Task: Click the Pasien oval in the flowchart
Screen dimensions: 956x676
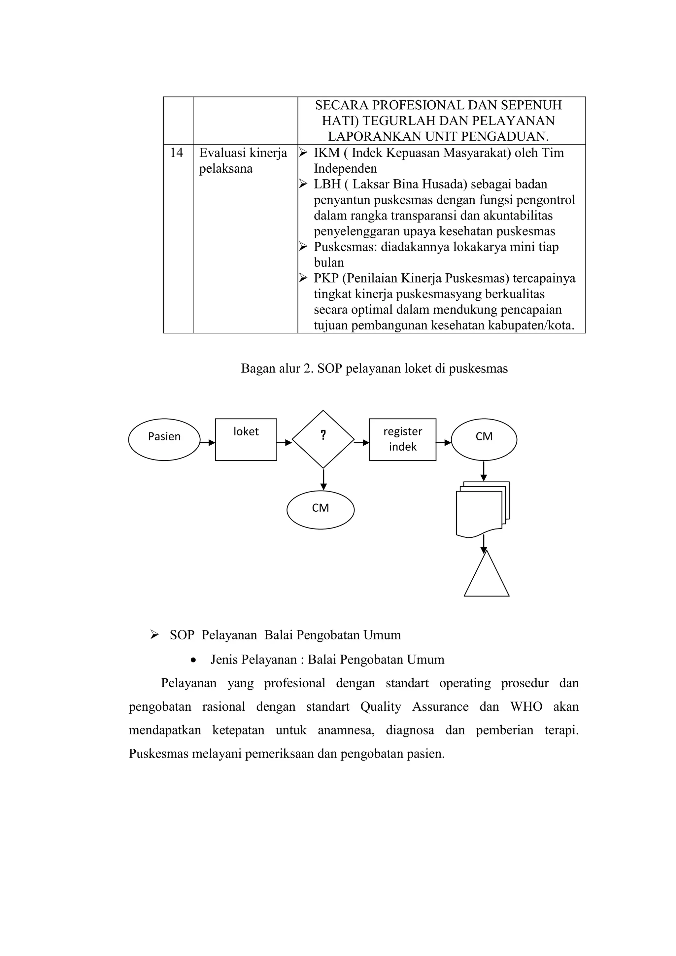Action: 164,440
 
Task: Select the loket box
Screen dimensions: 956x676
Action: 246,440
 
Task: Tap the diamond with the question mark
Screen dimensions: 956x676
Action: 323,439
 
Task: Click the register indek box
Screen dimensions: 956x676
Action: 402,440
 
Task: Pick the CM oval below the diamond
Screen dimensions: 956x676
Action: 320,510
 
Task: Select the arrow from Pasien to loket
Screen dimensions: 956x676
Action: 208,443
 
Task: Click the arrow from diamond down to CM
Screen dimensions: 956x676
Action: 323,480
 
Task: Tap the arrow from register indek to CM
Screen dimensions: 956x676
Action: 444,443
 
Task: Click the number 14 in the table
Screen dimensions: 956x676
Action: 177,153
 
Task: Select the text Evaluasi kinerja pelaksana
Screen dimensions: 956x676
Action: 243,161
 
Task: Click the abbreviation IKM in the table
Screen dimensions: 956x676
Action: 327,153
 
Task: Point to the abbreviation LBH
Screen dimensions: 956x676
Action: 327,184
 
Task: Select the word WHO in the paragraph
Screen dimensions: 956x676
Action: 526,706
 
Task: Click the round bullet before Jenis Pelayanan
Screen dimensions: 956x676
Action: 193,660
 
